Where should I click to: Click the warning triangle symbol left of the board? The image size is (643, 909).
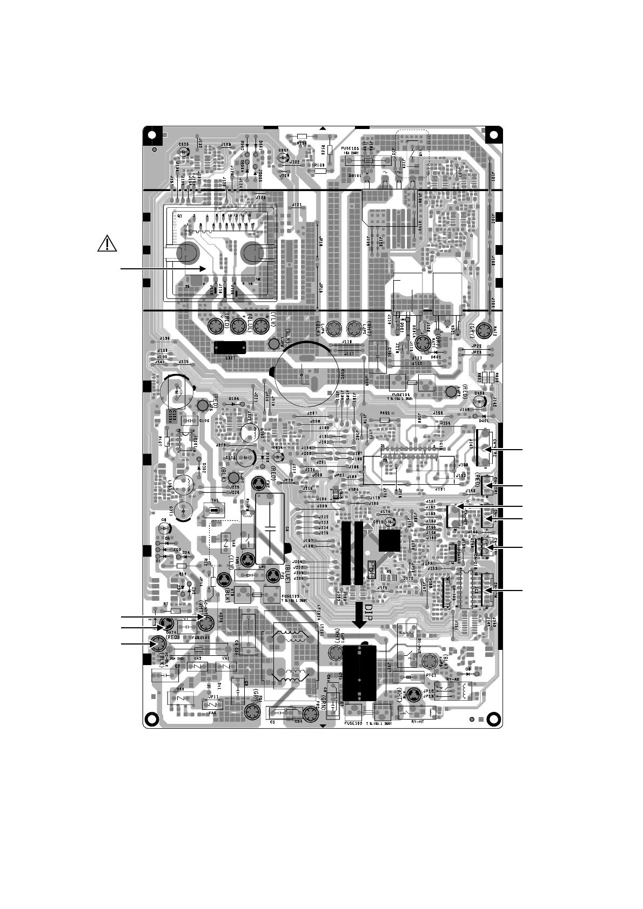(108, 244)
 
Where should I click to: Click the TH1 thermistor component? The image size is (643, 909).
(215, 510)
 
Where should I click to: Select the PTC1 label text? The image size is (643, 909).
(431, 675)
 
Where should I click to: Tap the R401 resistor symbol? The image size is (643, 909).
(385, 420)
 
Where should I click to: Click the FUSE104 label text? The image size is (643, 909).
(403, 394)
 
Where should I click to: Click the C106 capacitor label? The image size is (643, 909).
(204, 420)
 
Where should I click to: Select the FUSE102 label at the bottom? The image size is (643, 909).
(352, 724)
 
